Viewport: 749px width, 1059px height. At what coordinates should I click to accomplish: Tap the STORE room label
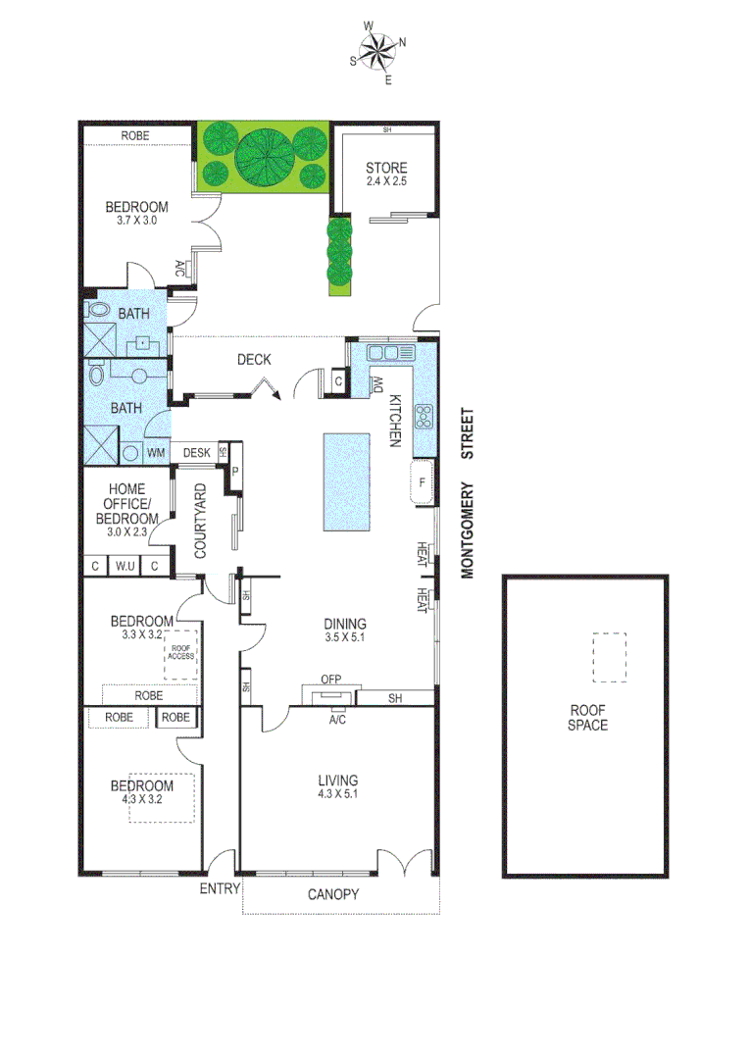pos(385,168)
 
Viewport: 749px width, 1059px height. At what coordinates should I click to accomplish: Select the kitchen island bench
pos(348,480)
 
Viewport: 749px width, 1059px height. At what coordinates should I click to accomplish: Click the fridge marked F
pos(423,482)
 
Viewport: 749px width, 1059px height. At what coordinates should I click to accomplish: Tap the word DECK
pos(254,360)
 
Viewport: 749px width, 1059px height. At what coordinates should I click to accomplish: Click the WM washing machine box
pos(156,453)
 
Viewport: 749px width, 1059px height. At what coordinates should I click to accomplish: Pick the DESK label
pos(197,452)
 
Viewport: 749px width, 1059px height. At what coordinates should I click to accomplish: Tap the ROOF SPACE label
pos(588,718)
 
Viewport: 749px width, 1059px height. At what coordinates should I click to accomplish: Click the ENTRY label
pos(219,888)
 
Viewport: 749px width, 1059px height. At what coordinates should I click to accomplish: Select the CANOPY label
pos(333,894)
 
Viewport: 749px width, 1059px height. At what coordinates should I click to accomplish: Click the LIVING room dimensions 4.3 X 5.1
pos(337,795)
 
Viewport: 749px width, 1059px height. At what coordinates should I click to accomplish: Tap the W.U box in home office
pos(125,566)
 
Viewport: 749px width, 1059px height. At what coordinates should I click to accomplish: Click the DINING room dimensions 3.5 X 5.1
pos(344,638)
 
